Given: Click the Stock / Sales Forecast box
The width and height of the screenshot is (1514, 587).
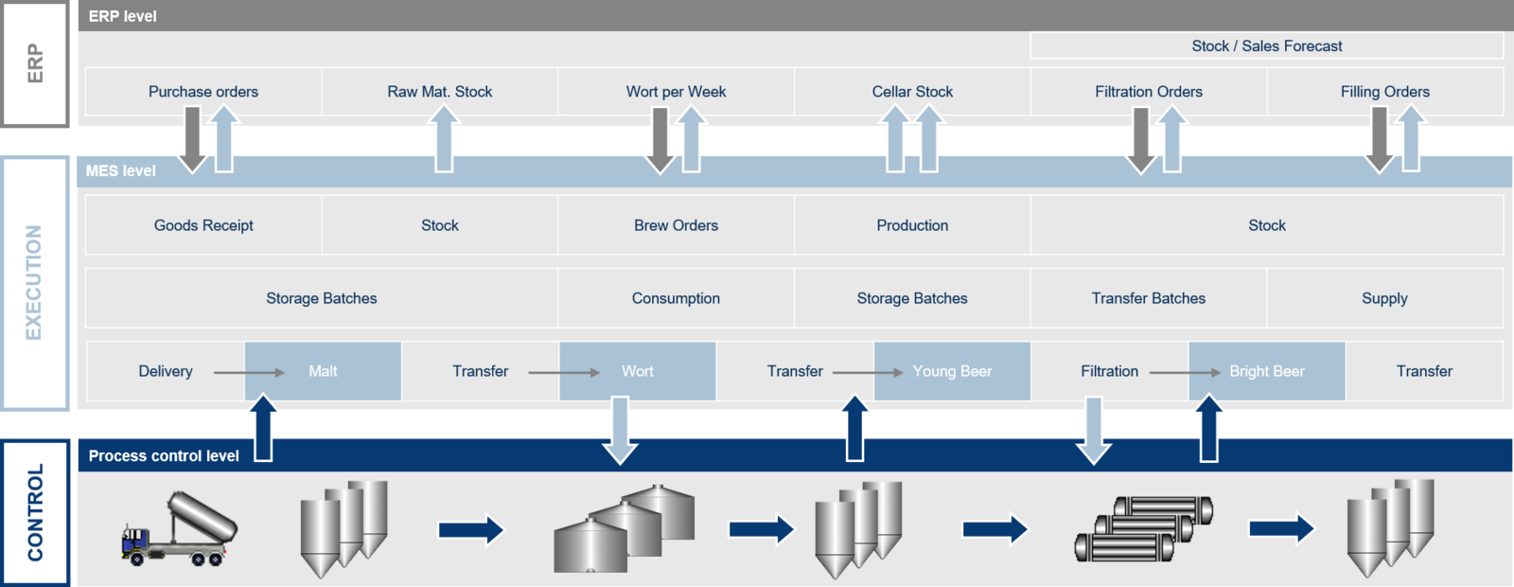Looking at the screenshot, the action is [x=1267, y=46].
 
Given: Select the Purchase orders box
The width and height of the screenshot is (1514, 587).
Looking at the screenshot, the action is [x=203, y=91].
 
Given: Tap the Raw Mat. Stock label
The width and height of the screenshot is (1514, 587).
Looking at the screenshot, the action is [x=439, y=91].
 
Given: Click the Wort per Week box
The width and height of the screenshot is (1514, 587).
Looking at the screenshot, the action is [x=676, y=91].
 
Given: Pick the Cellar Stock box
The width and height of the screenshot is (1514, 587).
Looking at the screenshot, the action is [x=912, y=91].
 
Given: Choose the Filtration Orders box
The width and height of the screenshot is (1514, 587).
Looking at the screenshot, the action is [x=1149, y=91].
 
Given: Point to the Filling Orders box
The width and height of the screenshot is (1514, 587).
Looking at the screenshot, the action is [x=1385, y=91].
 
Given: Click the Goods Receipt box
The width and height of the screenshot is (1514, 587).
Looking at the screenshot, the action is [x=203, y=225].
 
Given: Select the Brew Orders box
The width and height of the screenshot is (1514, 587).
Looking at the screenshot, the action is [x=676, y=225].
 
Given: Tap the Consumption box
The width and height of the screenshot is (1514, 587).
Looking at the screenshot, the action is [x=676, y=298].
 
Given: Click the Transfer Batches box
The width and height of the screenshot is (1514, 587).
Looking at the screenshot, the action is [x=1149, y=298].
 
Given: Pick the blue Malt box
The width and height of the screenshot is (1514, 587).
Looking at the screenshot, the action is [x=323, y=371].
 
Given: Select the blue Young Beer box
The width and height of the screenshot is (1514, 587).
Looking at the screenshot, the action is [x=952, y=371].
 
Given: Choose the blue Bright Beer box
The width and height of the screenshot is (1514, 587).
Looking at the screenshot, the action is [x=1267, y=371].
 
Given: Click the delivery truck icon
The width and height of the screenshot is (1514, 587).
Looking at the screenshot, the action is [x=179, y=529].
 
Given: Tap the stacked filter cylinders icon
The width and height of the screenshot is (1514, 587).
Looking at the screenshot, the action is [x=1144, y=529].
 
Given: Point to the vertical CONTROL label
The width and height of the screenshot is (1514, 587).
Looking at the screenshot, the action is [x=35, y=512].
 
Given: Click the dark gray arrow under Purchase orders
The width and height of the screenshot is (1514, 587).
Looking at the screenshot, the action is [x=193, y=141].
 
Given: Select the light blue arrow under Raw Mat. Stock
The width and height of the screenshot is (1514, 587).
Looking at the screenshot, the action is [x=444, y=138].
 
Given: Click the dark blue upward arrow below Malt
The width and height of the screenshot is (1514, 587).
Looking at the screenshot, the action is [x=263, y=429].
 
